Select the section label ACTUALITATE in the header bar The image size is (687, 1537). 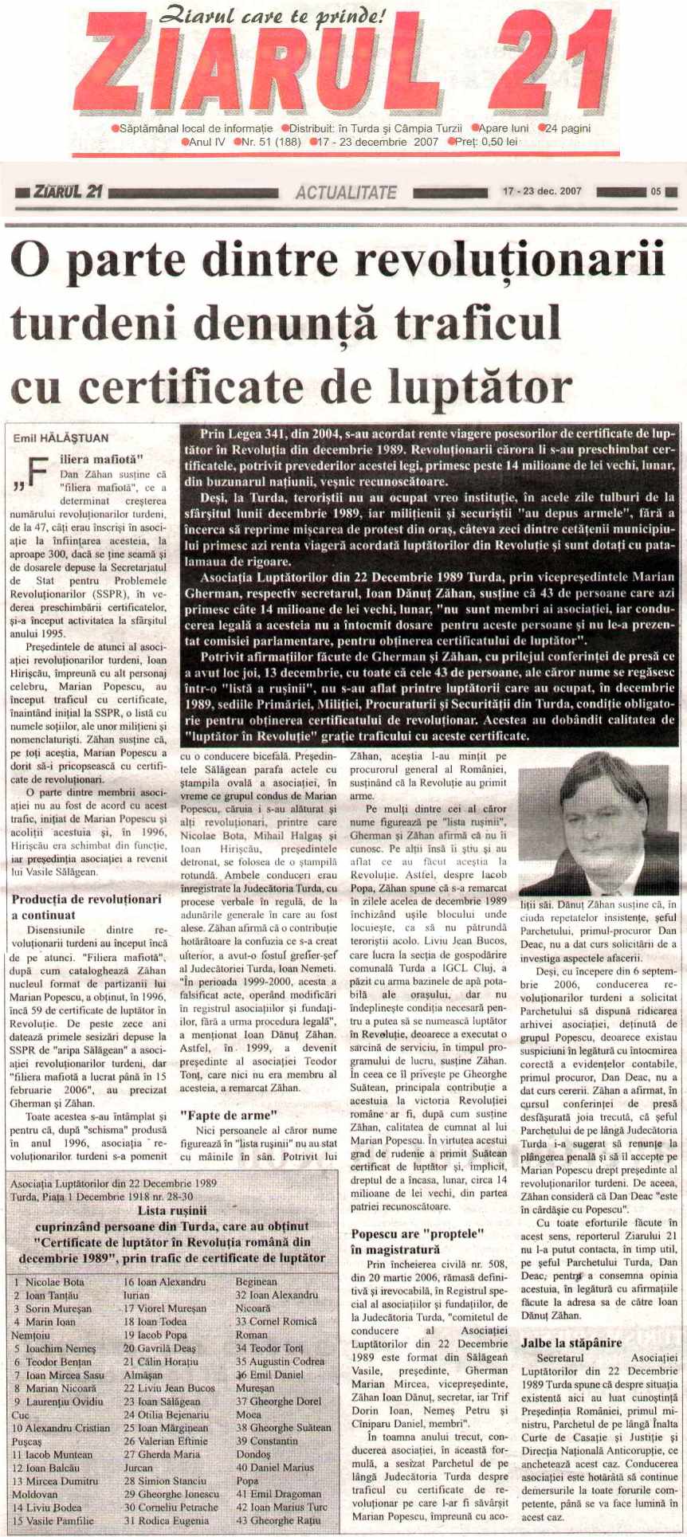[345, 192]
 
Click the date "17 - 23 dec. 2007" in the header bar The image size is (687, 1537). [541, 192]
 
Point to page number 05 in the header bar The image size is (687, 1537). [655, 192]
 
